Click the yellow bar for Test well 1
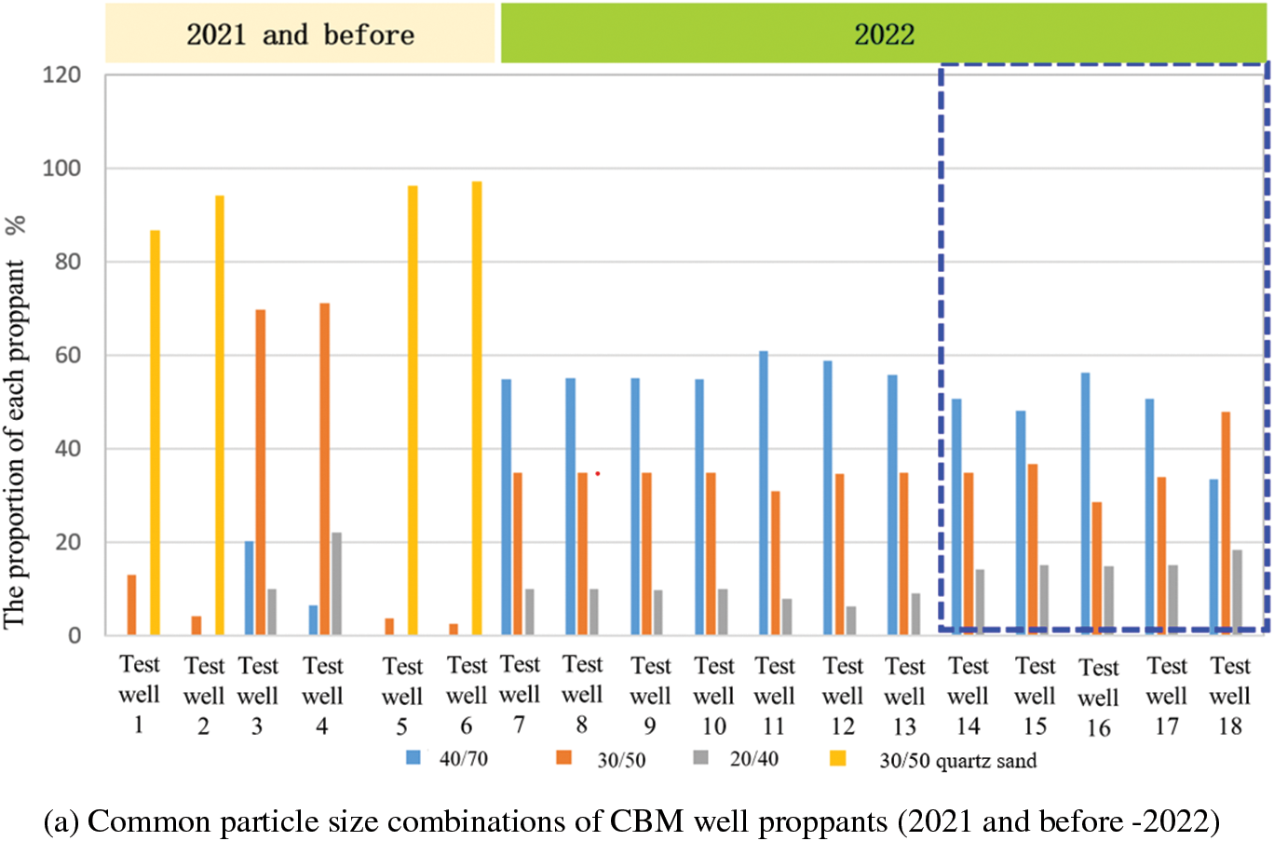point(155,433)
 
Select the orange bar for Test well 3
point(261,472)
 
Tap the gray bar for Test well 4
point(336,584)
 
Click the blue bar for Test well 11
point(764,494)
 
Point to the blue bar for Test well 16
point(1086,504)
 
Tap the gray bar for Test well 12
point(850,620)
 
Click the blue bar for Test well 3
point(250,589)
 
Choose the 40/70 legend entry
point(447,759)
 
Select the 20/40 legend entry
point(737,759)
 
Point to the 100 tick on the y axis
point(62,169)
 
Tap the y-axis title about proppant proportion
point(15,424)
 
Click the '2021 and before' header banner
point(300,34)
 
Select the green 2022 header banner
point(884,34)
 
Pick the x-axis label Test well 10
point(713,696)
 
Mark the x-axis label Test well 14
point(968,696)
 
